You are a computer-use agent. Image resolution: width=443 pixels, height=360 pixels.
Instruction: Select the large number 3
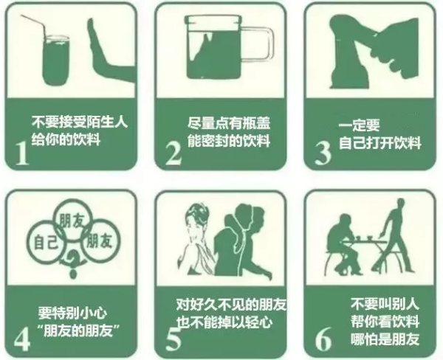[323, 153]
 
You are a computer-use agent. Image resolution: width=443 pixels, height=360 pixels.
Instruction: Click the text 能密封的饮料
[229, 141]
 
